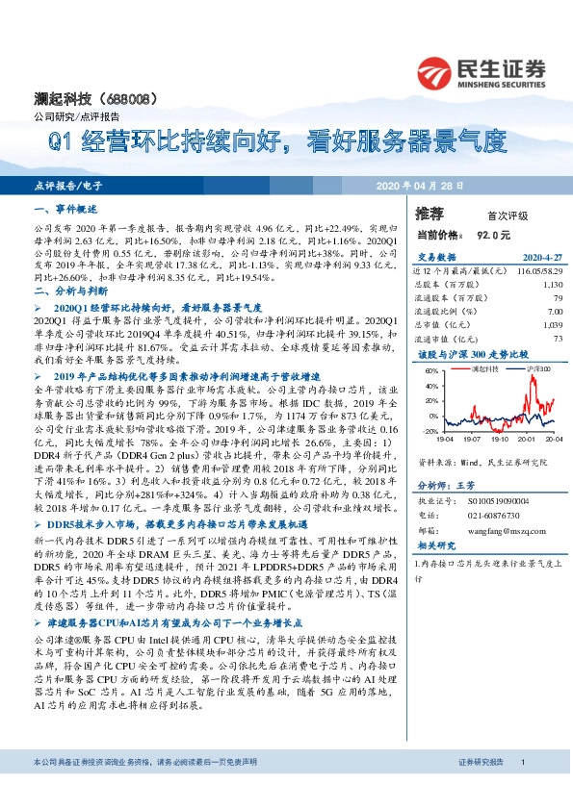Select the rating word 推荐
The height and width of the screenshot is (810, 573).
click(430, 213)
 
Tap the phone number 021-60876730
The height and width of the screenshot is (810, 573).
click(482, 516)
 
